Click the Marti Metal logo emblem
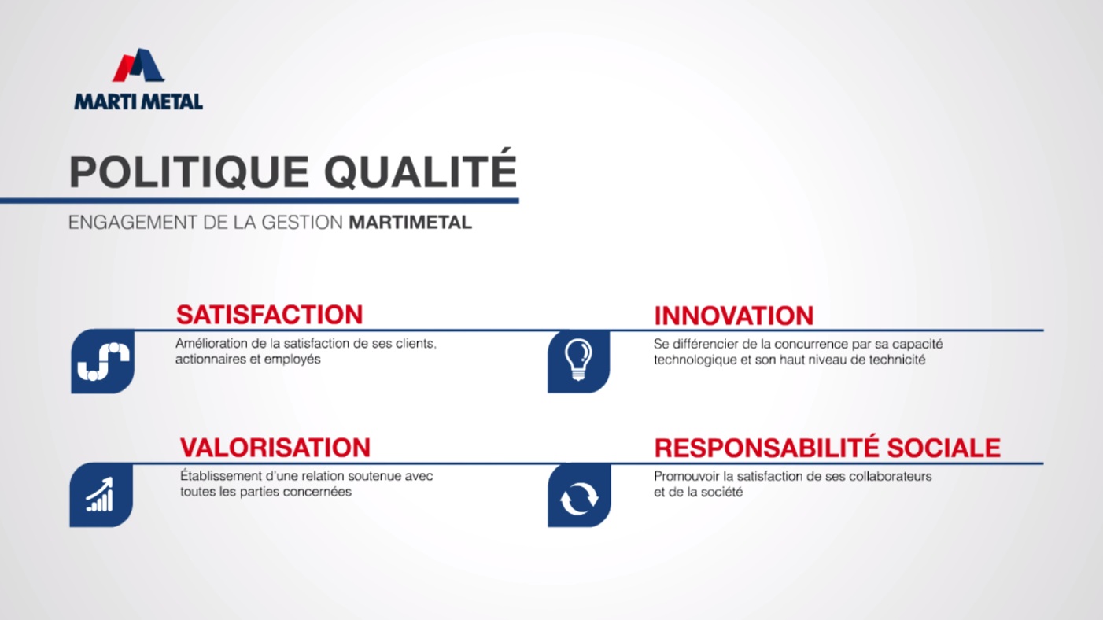pyautogui.click(x=138, y=65)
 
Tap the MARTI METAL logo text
pyautogui.click(x=138, y=102)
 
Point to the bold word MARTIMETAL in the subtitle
pyautogui.click(x=410, y=223)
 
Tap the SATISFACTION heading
pyautogui.click(x=269, y=315)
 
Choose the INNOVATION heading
pyautogui.click(x=734, y=316)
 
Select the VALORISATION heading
pyautogui.click(x=275, y=448)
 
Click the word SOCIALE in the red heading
pyautogui.click(x=943, y=448)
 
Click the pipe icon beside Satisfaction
pyautogui.click(x=103, y=361)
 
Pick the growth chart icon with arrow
pyautogui.click(x=101, y=495)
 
